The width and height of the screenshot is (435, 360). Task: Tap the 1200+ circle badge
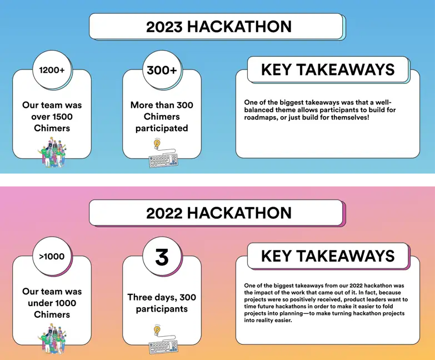pos(52,70)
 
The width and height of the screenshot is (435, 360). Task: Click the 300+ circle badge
pos(162,70)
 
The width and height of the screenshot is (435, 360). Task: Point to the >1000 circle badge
pos(52,257)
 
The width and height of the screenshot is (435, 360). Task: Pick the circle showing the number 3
pos(162,257)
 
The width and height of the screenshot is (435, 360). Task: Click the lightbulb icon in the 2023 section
pos(157,143)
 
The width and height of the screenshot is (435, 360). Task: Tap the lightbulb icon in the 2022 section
pos(157,330)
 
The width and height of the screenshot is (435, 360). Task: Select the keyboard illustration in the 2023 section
pos(163,160)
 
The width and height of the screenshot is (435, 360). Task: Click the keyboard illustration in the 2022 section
pos(163,347)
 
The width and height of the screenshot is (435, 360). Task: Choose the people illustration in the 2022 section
pos(52,341)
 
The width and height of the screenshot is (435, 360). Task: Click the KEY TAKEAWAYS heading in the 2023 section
pos(328,69)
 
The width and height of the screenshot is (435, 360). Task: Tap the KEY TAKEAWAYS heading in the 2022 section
pos(328,256)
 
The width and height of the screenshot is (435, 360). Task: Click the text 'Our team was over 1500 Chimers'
pos(52,117)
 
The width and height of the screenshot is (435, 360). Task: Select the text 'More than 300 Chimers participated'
pos(162,117)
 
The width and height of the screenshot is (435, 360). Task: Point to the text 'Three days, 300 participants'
pos(162,303)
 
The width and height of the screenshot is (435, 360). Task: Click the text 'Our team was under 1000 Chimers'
pos(52,303)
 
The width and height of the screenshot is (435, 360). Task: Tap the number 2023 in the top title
pos(165,26)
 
